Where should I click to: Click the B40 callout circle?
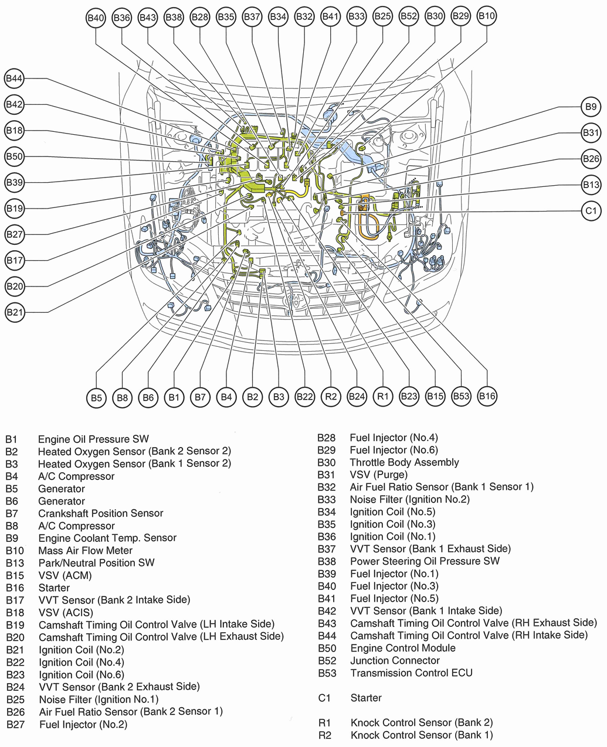coord(95,18)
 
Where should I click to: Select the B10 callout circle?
coord(487,16)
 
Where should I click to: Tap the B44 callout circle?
coord(14,78)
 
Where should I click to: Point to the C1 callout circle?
coord(591,211)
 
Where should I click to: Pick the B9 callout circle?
coord(591,107)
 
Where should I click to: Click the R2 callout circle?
coord(331,397)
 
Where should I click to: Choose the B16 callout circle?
coord(487,396)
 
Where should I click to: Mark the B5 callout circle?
coord(96,398)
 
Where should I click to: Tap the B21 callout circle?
coord(15,312)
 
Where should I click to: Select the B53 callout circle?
coord(461,396)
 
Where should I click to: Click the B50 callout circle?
coord(14,156)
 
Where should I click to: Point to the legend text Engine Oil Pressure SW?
coord(93,439)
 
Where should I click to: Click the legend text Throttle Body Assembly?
coord(404,462)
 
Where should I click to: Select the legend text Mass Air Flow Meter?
coord(85,550)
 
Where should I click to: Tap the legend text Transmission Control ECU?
coord(411,673)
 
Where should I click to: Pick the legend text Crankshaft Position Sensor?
coord(100,513)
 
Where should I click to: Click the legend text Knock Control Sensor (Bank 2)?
coord(421,722)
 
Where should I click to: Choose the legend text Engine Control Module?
coord(403,648)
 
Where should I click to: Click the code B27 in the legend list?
coord(16,725)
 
